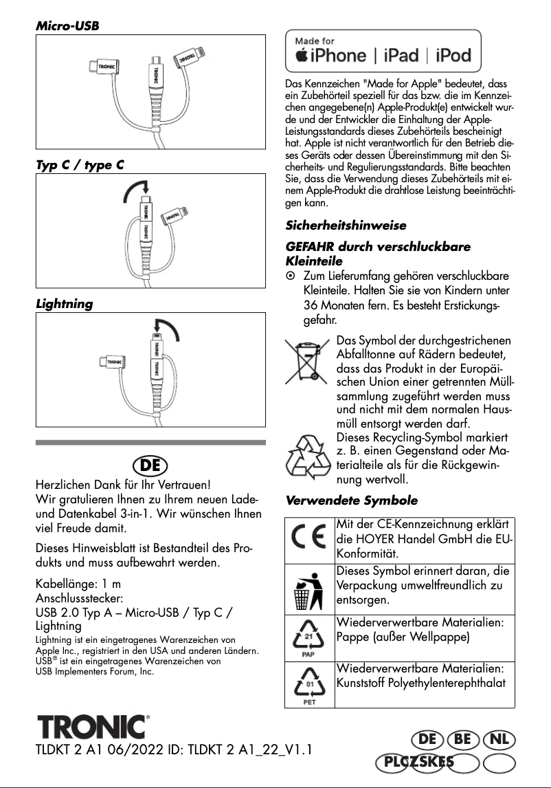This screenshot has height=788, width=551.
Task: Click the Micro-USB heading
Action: coord(67,25)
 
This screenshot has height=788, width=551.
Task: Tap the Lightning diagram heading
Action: coord(65,303)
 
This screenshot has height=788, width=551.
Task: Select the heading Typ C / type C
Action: coord(80,165)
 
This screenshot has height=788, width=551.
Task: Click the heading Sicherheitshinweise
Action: coord(346,225)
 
